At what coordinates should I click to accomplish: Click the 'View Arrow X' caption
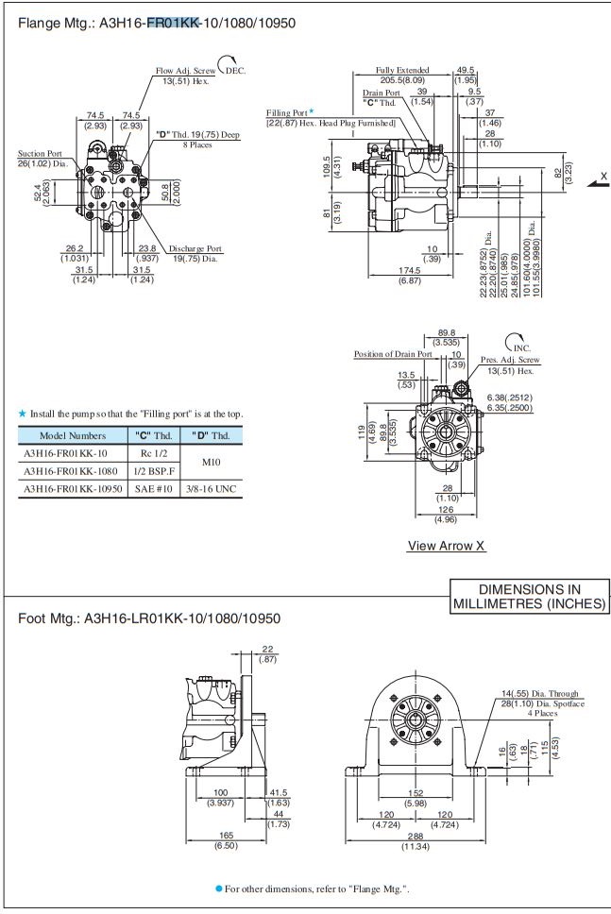click(447, 546)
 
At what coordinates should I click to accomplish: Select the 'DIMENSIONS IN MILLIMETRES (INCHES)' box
click(530, 596)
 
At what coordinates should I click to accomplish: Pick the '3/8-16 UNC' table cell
click(212, 488)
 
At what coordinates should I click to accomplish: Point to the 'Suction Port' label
click(40, 153)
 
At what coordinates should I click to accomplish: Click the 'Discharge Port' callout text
click(195, 248)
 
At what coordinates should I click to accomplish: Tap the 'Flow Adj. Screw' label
click(185, 71)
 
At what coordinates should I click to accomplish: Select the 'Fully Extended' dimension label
click(402, 70)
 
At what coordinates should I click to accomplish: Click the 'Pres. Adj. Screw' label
click(510, 360)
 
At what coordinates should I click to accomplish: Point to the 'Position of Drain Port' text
click(393, 354)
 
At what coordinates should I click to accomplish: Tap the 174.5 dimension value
click(409, 271)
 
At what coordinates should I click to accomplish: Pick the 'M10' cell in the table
click(212, 462)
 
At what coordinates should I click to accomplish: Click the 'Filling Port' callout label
click(287, 112)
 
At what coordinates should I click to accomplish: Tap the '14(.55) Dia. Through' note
click(540, 694)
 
